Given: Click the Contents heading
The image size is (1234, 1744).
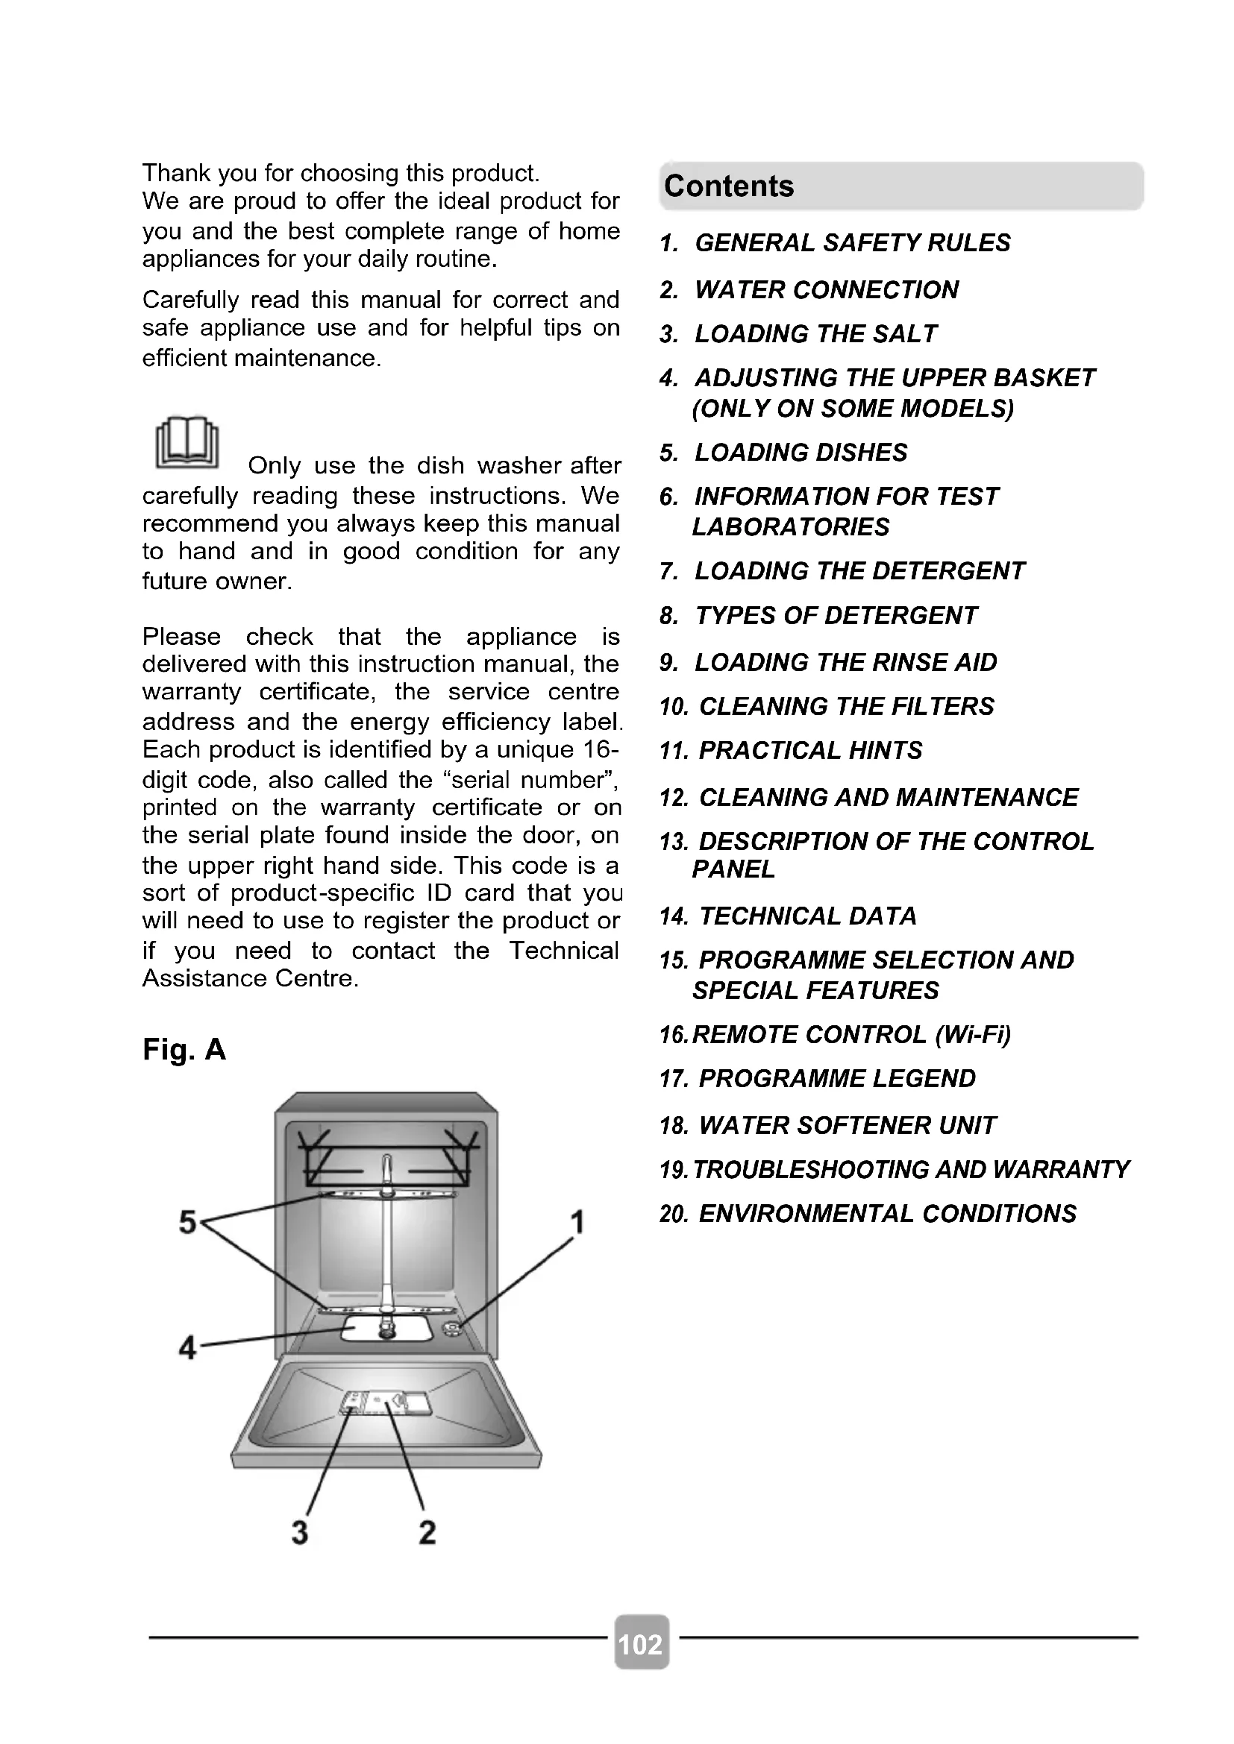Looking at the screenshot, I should click(x=729, y=187).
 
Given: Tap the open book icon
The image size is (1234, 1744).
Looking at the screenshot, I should click(x=187, y=442).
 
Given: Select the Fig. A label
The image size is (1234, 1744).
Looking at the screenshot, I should click(x=184, y=1050).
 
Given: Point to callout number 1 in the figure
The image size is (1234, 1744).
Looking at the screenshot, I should click(x=577, y=1223).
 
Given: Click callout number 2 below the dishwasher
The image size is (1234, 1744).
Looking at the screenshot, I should click(x=427, y=1532).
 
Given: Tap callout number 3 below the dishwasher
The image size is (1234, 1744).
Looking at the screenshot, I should click(x=300, y=1532).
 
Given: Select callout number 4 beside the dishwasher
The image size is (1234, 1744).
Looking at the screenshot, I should click(x=187, y=1347).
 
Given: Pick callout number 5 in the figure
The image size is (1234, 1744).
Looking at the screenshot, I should click(x=187, y=1223).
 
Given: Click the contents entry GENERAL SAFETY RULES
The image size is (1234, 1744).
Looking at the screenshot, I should click(x=852, y=243).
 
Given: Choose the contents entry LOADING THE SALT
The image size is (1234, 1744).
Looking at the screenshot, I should click(x=815, y=334).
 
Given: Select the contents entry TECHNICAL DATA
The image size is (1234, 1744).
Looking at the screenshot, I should click(x=807, y=916).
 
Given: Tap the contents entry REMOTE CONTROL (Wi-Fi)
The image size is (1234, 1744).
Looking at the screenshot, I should click(x=851, y=1035).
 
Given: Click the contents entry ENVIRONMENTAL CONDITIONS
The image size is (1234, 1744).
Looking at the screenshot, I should click(x=887, y=1214).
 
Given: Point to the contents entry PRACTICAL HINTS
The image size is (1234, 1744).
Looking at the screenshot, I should click(x=810, y=751).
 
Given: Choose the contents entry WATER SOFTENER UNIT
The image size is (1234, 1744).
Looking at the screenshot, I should click(x=847, y=1126).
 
